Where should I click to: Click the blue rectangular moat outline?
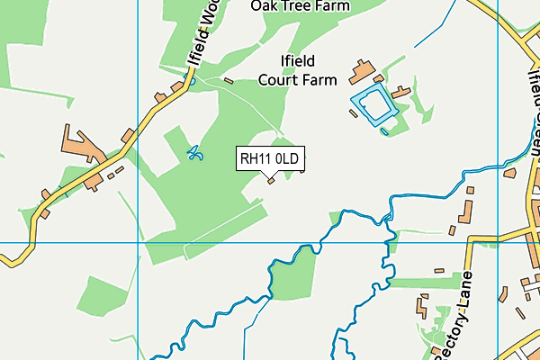point(372,107)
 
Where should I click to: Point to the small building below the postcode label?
point(271,179)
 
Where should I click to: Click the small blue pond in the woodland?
point(194,154)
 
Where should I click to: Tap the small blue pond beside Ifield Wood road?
point(190,81)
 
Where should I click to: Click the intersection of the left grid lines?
point(138,242)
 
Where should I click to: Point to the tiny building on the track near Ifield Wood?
point(229,81)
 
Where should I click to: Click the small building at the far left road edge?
point(42,217)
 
